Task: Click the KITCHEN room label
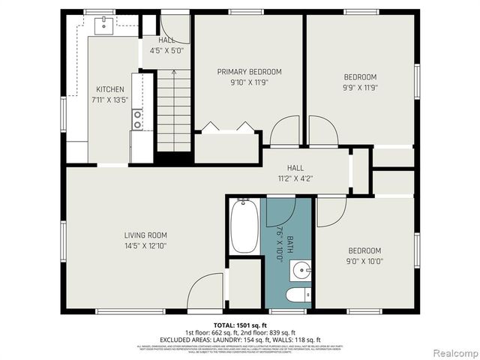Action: coord(109,89)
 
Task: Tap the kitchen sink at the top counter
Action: coord(103,24)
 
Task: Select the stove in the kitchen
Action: coord(137,118)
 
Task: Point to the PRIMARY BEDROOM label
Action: coord(249,72)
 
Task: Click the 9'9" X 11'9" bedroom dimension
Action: coord(360,87)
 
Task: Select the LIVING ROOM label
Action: coord(145,235)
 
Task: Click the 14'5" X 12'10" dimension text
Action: coord(145,245)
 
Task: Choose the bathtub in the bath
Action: coord(244,226)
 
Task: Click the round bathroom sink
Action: coord(301,268)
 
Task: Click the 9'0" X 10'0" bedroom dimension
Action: coord(364,261)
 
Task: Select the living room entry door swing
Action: coord(205,292)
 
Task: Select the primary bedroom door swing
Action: coord(284,131)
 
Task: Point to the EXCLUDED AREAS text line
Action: coord(240,340)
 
